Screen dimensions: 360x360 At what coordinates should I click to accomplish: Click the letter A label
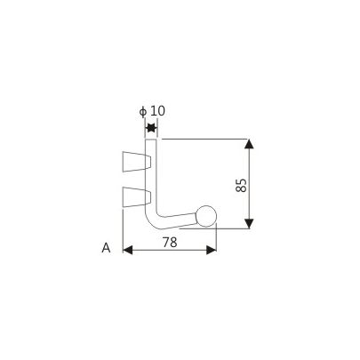tap(105, 249)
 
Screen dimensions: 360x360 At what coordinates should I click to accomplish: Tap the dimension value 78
tap(169, 242)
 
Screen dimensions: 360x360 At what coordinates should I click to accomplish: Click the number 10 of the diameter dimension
tap(157, 110)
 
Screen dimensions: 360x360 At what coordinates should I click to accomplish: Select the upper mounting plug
tap(133, 161)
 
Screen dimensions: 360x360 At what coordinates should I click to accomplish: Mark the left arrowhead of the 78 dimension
tap(126, 250)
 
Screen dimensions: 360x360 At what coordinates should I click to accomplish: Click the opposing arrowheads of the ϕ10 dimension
tap(151, 130)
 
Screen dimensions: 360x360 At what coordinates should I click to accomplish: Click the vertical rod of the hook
tap(151, 178)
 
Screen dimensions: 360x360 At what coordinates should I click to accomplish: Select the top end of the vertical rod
tap(151, 140)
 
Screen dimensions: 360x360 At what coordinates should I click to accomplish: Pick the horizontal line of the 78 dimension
tap(169, 250)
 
